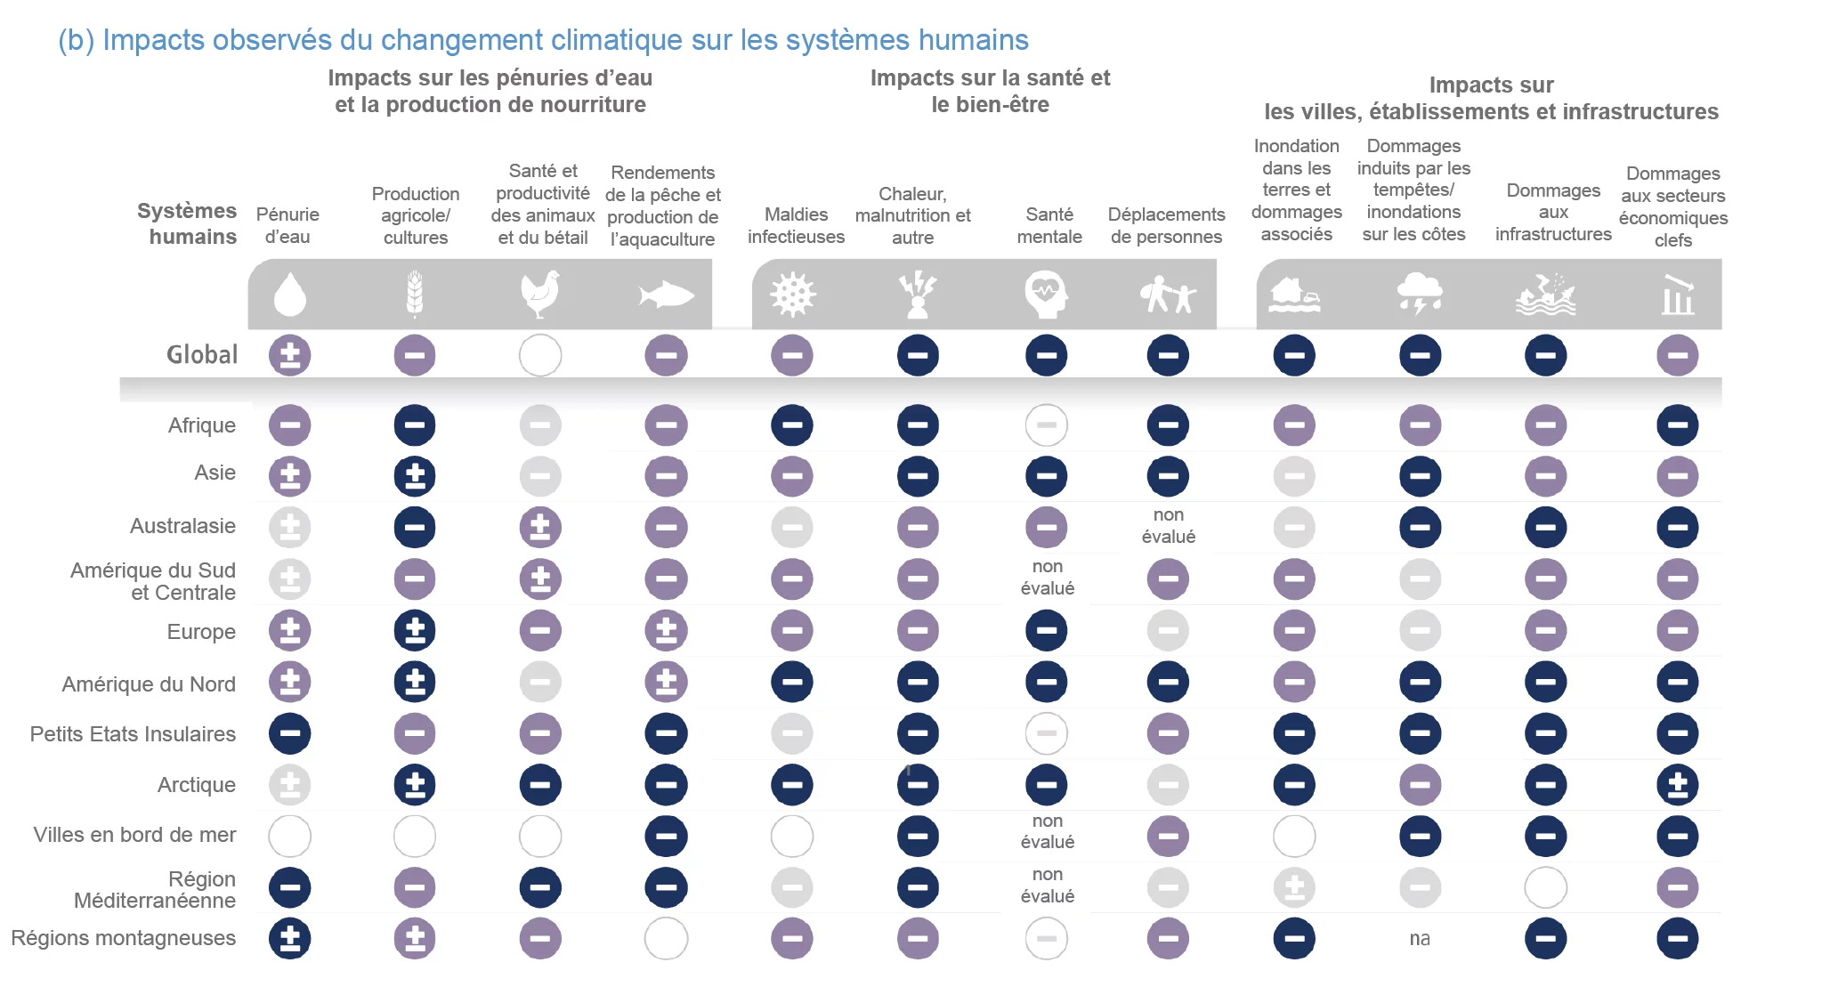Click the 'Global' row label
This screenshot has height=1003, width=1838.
click(x=202, y=354)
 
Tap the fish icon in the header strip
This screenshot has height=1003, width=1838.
click(x=665, y=295)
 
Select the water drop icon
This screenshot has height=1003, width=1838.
click(x=289, y=295)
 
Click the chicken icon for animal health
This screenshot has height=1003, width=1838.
click(x=540, y=294)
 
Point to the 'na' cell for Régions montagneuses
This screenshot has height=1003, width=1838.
click(x=1420, y=939)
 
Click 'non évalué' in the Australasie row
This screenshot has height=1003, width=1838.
click(x=1168, y=526)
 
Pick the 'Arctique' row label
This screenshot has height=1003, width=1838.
click(x=196, y=785)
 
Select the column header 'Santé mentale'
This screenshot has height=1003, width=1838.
click(x=1049, y=225)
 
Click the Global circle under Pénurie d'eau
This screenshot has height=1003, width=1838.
click(x=289, y=355)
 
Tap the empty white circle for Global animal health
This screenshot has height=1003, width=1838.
click(x=540, y=355)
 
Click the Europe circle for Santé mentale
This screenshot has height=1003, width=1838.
click(x=1046, y=631)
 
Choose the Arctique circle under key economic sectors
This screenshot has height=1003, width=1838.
click(x=1677, y=785)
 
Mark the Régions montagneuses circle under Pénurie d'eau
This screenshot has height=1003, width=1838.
click(x=289, y=939)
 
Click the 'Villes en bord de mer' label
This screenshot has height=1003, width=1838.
click(x=134, y=835)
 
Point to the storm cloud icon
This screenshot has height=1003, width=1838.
click(x=1420, y=294)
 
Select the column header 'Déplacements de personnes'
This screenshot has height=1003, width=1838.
click(x=1166, y=225)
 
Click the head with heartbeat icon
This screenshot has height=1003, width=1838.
click(x=1046, y=295)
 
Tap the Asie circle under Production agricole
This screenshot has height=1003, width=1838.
click(x=415, y=476)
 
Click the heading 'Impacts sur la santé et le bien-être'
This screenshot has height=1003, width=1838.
click(x=990, y=91)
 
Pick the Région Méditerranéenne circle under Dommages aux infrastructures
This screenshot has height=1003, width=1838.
click(x=1545, y=887)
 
